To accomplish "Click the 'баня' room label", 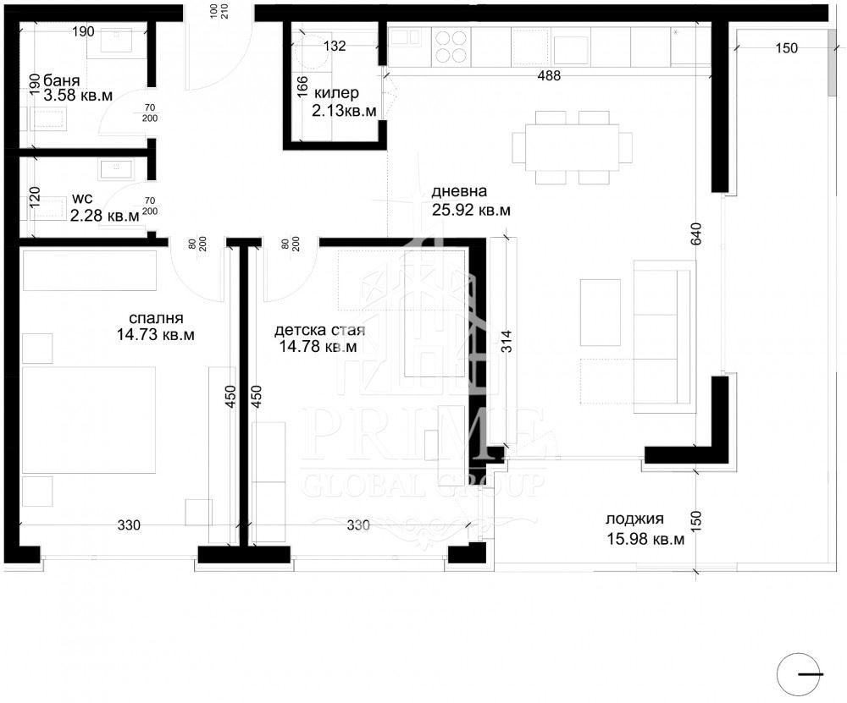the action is pyautogui.click(x=61, y=81).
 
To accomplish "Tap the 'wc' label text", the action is pyautogui.click(x=81, y=199).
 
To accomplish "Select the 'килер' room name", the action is pyautogui.click(x=336, y=93).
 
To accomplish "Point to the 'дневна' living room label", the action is pyautogui.click(x=458, y=191).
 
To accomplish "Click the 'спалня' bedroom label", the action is pyautogui.click(x=156, y=318).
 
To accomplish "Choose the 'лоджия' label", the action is pyautogui.click(x=634, y=519).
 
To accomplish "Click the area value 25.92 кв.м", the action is pyautogui.click(x=470, y=210).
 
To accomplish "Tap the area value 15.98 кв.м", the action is pyautogui.click(x=645, y=538).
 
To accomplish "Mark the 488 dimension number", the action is pyautogui.click(x=549, y=76).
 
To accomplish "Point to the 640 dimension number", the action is pyautogui.click(x=696, y=233).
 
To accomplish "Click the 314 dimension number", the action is pyautogui.click(x=507, y=342).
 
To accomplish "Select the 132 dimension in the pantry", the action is pyautogui.click(x=335, y=46).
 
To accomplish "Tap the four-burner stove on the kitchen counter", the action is pyautogui.click(x=451, y=47).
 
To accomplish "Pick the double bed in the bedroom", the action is pyautogui.click(x=89, y=420).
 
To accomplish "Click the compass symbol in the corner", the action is pyautogui.click(x=800, y=674).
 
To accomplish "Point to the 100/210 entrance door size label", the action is pyautogui.click(x=219, y=11).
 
